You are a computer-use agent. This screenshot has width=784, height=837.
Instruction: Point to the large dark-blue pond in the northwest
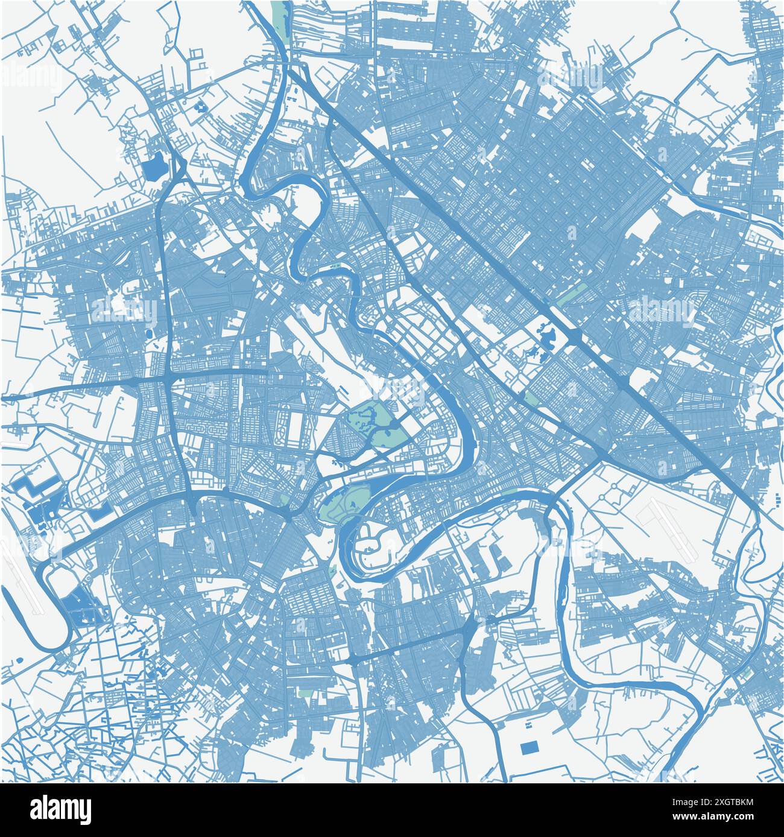[153, 164]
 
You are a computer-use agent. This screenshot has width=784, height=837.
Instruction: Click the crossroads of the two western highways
[166, 381]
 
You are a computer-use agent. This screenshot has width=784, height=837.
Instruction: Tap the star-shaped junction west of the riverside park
[291, 516]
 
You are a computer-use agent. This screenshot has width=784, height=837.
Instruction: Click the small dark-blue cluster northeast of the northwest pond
[200, 108]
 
